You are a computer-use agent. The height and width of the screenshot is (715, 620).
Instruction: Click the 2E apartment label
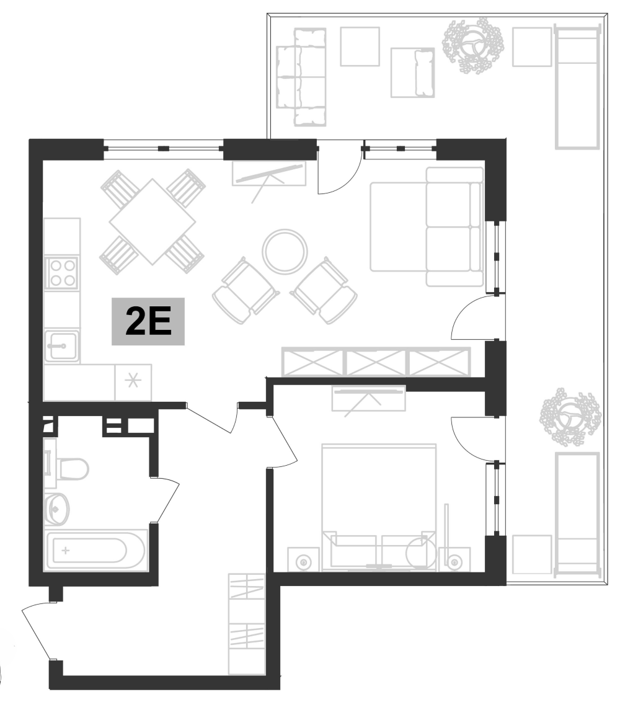coord(148,322)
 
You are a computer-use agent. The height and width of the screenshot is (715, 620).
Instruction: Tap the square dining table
coord(152,221)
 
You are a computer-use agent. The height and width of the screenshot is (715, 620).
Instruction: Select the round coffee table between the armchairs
coord(285,251)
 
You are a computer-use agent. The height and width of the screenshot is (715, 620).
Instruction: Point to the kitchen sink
coord(61,345)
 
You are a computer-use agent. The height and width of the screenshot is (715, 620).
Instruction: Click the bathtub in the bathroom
coord(95,550)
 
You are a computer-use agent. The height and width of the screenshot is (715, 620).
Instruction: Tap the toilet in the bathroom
coord(68,469)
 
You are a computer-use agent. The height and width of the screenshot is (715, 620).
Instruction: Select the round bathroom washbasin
coord(56,510)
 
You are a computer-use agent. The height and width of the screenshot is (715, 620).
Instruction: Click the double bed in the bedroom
coord(378,502)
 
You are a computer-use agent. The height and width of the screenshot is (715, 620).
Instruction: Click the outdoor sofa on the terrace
coord(301,77)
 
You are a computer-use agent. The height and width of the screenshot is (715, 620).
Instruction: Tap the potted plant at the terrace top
coord(472,45)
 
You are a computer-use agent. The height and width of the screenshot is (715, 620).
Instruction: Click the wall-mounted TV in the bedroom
coord(368,398)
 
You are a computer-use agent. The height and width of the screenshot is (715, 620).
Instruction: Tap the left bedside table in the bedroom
coord(303,560)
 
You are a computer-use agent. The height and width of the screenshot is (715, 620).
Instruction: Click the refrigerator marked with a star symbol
coord(133,382)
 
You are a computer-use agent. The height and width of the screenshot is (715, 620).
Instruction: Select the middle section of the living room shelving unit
coord(376,362)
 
